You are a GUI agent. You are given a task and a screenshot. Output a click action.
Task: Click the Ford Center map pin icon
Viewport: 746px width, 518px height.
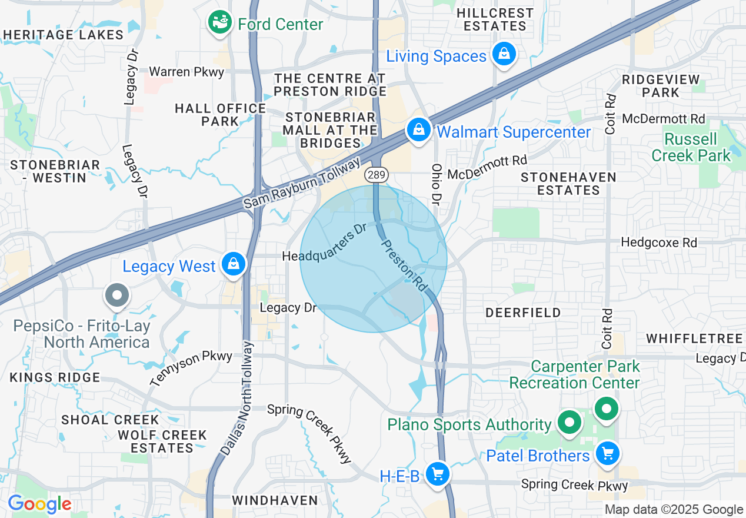(219, 23)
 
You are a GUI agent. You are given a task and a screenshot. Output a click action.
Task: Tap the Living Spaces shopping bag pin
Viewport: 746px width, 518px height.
(504, 55)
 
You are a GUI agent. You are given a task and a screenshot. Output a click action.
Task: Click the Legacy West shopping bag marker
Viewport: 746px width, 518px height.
(234, 264)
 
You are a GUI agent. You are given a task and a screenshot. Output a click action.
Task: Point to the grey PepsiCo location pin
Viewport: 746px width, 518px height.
(116, 294)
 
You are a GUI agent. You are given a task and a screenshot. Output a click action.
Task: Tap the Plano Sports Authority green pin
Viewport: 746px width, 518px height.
(569, 422)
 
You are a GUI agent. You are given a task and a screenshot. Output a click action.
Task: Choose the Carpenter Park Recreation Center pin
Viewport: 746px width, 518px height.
(606, 408)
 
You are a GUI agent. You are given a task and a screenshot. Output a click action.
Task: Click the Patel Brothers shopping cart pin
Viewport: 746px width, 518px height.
(607, 453)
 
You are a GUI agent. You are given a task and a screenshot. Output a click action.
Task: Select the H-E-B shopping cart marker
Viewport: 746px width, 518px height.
(437, 473)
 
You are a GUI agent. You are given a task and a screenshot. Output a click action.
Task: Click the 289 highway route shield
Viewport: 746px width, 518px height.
(374, 174)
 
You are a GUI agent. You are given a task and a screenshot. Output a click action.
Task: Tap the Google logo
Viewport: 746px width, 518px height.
(39, 504)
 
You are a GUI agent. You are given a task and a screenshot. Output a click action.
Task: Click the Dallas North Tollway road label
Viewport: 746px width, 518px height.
(237, 399)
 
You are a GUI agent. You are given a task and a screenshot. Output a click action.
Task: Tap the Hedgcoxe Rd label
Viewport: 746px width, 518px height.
(659, 243)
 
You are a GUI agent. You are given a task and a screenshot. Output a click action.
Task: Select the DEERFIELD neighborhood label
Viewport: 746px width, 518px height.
(523, 313)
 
